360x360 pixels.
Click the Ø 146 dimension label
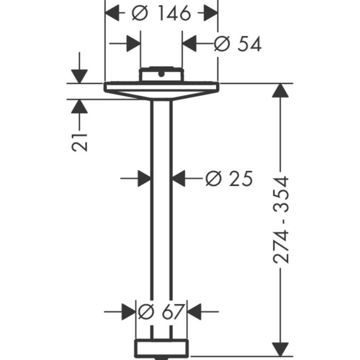coord(161,13)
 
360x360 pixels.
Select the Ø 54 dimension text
coord(237,44)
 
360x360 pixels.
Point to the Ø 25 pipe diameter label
coord(229,178)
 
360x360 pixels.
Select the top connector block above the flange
coord(161,74)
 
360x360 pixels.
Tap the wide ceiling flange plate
coord(161,88)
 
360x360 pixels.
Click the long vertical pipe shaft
coord(161,215)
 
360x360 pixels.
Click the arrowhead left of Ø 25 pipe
coord(144,178)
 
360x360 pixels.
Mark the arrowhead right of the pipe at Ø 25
coord(178,178)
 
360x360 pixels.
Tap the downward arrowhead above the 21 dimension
coord(79,75)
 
